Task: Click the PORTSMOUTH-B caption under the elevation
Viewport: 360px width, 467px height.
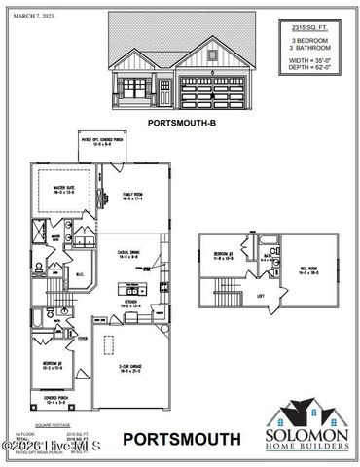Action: point(180,123)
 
